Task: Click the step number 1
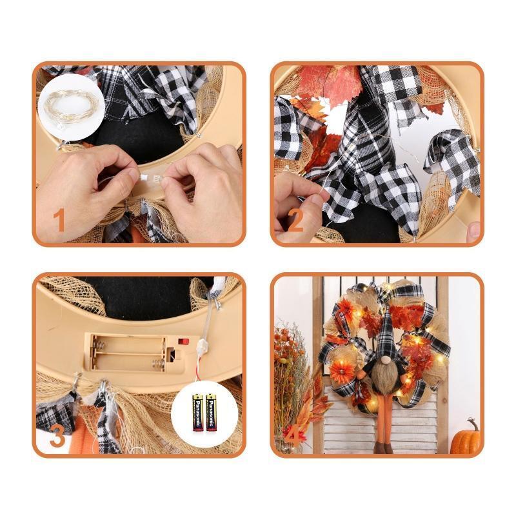pos(59,220)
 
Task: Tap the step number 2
pos(295,220)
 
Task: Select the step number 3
pos(57,437)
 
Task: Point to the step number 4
pos(293,437)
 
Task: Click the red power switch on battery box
pos(184,341)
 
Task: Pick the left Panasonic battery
pos(198,412)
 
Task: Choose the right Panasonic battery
pos(211,412)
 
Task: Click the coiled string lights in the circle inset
pos(71,107)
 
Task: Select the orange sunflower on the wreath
pos(343,371)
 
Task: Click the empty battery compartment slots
pos(128,353)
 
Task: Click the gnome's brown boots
pos(384,448)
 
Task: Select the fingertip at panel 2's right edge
pos(474,230)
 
